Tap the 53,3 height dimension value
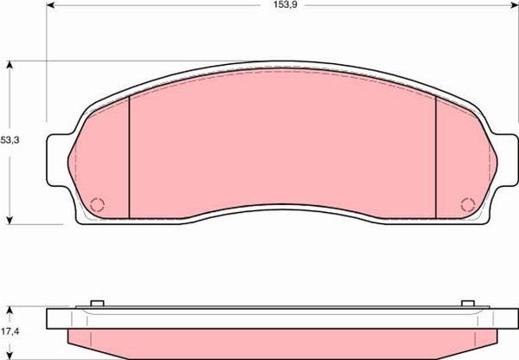[10, 140]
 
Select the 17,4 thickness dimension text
[10, 331]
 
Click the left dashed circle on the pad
[97, 205]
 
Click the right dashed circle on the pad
[468, 205]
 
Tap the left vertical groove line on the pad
[130, 157]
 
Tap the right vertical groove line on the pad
[436, 157]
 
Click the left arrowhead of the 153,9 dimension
[49, 5]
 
